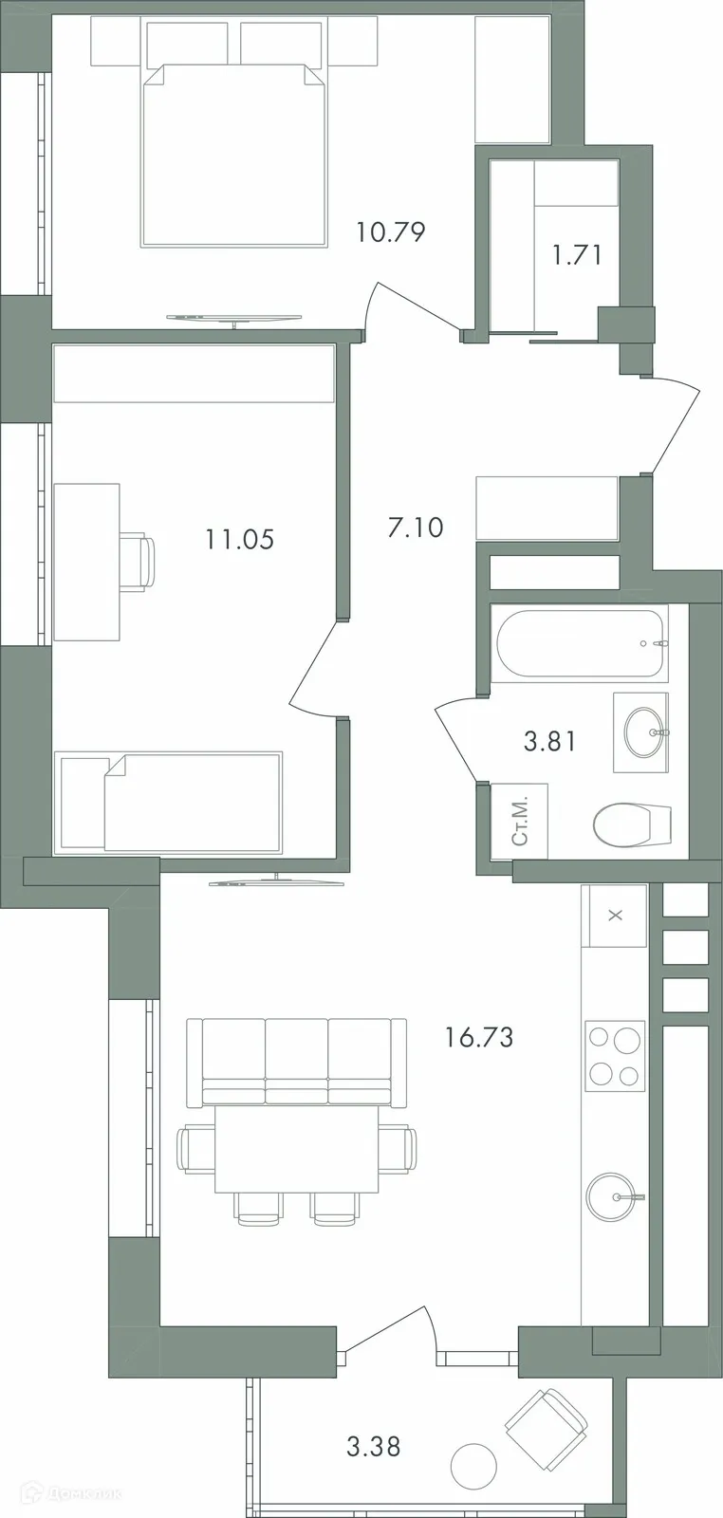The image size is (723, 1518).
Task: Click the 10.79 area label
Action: click(390, 231)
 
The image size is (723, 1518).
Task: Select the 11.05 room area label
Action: click(239, 540)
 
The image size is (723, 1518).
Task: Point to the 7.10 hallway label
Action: click(416, 527)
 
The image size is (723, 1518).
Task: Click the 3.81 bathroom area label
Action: click(550, 740)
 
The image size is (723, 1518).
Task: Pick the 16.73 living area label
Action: click(479, 1037)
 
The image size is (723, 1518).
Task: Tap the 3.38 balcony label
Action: click(373, 1447)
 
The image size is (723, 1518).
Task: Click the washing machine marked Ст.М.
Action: click(519, 822)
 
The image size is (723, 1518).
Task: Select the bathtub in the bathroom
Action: click(577, 643)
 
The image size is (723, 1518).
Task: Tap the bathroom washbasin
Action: click(640, 731)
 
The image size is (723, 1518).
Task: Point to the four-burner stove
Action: click(615, 1056)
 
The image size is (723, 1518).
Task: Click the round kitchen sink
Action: click(613, 1196)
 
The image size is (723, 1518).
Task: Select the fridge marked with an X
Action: click(615, 916)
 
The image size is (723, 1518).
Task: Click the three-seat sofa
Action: click(288, 1061)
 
